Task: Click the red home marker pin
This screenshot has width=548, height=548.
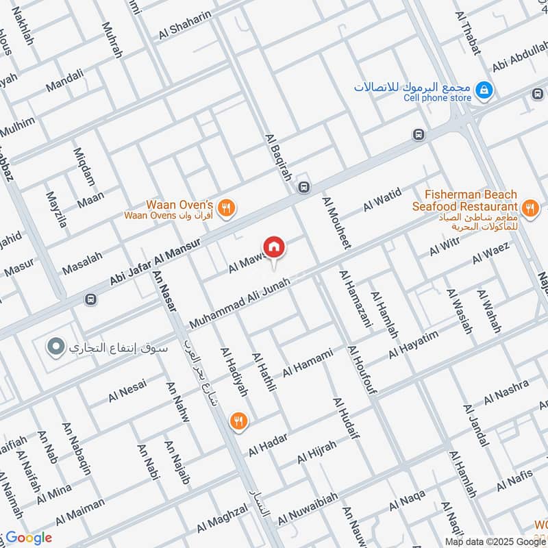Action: click(273, 247)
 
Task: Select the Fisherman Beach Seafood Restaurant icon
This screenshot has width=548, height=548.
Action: click(529, 206)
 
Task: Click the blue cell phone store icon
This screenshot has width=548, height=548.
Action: click(484, 90)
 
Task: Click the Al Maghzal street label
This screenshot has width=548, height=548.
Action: click(221, 518)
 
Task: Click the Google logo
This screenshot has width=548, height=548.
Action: click(29, 538)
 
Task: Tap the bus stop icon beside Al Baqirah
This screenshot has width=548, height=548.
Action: click(304, 186)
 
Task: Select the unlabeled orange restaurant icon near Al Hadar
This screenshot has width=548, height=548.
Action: click(238, 422)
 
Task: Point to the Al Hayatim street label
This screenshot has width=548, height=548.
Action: click(413, 345)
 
